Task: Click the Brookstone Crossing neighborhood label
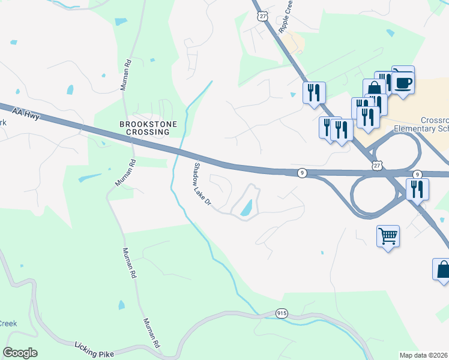click(x=143, y=128)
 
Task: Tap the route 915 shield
click(x=282, y=313)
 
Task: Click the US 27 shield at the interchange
click(x=375, y=164)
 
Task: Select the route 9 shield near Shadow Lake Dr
click(x=302, y=173)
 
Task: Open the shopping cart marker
click(x=388, y=236)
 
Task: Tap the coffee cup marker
click(x=403, y=80)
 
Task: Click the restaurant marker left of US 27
click(x=314, y=92)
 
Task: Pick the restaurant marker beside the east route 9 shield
click(x=416, y=189)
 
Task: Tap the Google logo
click(x=20, y=352)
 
